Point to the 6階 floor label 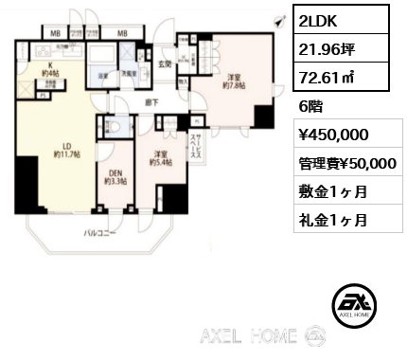310,107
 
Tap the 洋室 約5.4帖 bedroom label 158,157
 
